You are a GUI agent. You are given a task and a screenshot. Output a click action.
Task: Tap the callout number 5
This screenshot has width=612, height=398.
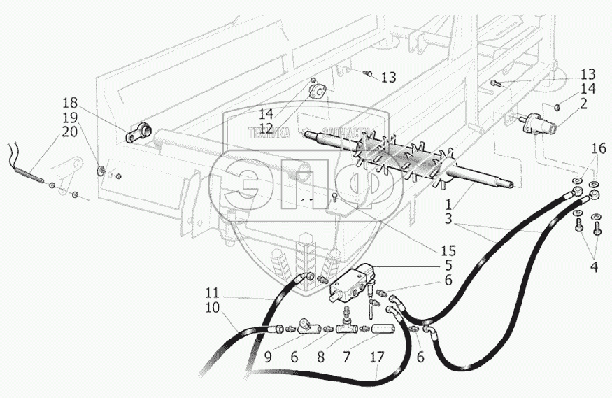click(448, 265)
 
